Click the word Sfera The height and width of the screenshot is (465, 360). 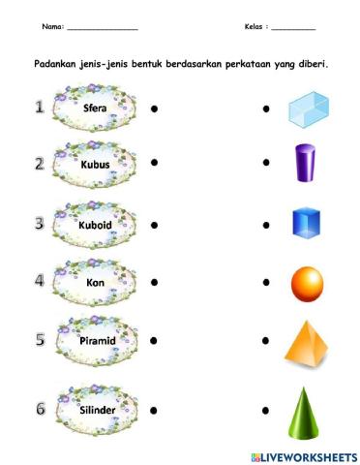coord(96,108)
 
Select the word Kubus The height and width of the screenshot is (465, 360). coord(96,166)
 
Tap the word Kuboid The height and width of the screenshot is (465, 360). coord(96,225)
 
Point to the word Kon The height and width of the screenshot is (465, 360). coord(96,283)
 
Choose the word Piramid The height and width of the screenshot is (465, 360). coord(96,342)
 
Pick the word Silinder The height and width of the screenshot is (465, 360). coord(96,409)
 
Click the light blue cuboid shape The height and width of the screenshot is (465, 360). coord(309,108)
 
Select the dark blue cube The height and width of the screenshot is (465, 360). coord(306,224)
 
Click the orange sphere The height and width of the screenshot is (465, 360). coord(307,283)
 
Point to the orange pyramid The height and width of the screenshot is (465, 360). coord(308,341)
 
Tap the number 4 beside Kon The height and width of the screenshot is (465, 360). coord(40,282)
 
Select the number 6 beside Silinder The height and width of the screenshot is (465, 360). coord(40,408)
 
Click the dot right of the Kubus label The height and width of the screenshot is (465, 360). coord(155,166)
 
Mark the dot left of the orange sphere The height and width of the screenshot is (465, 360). coord(264,283)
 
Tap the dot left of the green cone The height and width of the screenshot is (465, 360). coord(264,409)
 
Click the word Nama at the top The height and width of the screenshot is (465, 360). coord(53,26)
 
